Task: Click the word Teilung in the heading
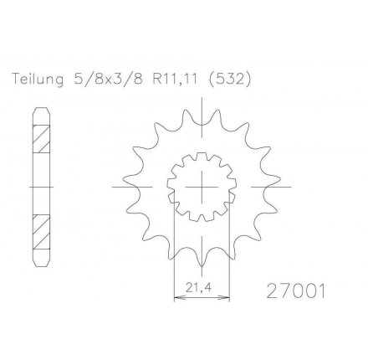(x=36, y=80)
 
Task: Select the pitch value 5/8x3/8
(x=105, y=80)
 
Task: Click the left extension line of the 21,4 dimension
(x=173, y=251)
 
